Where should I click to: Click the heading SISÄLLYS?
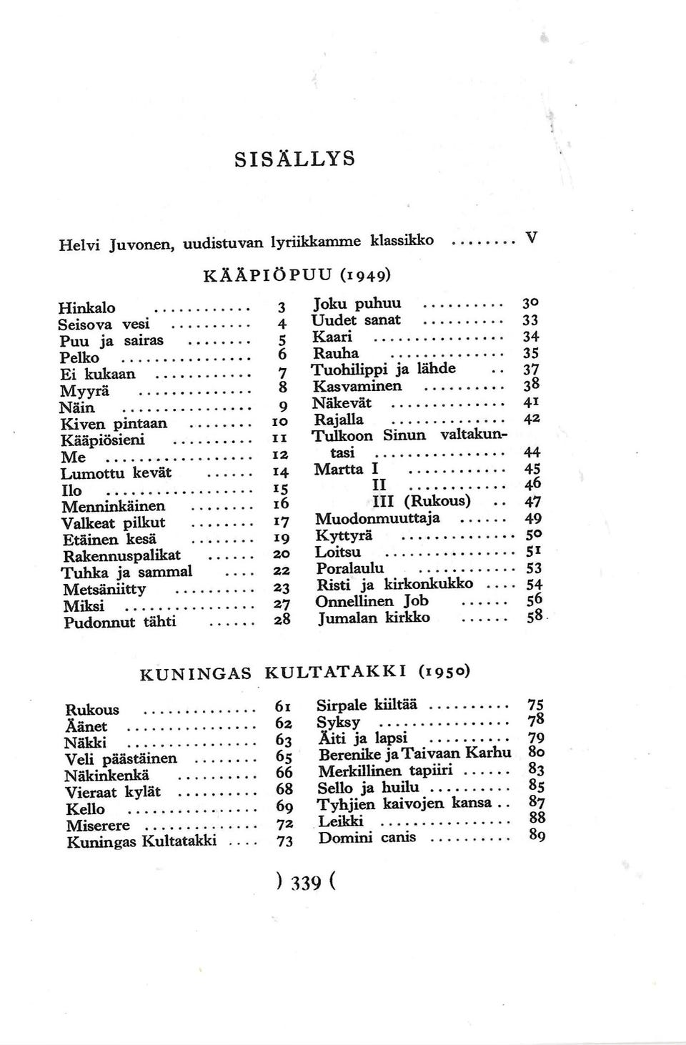[x=294, y=157]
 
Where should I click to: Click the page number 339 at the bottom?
[x=304, y=883]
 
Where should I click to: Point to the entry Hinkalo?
[x=87, y=308]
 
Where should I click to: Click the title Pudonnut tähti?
[x=120, y=622]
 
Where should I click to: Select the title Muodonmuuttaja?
[x=377, y=518]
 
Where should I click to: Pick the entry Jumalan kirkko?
[x=374, y=617]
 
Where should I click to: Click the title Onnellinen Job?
[x=372, y=601]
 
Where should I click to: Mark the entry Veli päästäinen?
[x=121, y=759]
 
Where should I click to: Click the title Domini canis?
[x=367, y=837]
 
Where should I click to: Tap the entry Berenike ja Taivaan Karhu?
[x=414, y=754]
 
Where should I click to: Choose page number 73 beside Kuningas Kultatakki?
[x=284, y=842]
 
